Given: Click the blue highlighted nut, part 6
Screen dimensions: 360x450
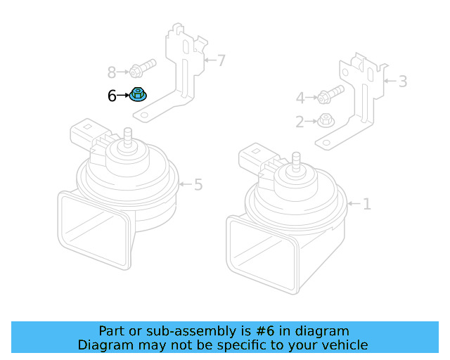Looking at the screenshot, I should [138, 95].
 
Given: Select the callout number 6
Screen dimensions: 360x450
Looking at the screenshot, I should [112, 96].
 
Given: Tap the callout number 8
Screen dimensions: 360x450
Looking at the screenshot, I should [112, 72].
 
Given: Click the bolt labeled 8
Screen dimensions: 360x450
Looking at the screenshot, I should [141, 70].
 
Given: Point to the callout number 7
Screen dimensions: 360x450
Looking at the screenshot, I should [221, 60].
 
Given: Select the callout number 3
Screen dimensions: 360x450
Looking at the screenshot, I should [402, 82].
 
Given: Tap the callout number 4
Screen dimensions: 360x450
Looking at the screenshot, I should [300, 98].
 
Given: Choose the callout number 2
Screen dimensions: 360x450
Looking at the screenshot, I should [300, 122].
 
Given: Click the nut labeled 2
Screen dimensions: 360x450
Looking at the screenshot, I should [326, 120].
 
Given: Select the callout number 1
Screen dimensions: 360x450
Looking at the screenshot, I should [366, 205].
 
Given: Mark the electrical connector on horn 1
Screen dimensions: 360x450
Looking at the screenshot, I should [255, 159].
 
